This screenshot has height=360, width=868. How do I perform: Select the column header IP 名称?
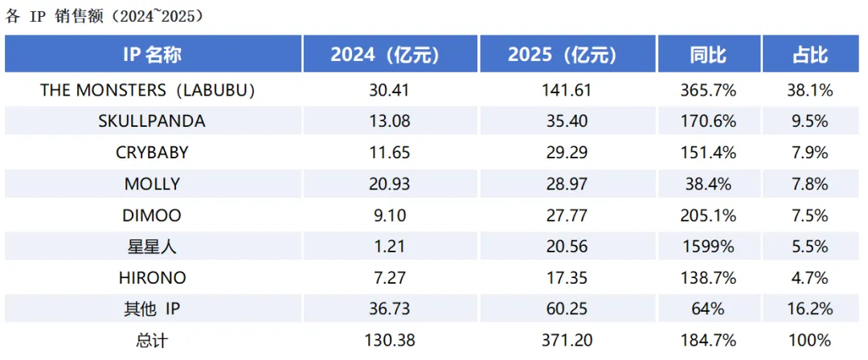153,55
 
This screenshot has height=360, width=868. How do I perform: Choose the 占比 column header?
809,55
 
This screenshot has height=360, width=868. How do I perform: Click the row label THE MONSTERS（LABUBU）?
148,90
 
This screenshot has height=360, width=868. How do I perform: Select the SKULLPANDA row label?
152,121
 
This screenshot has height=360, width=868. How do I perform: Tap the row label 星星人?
152,247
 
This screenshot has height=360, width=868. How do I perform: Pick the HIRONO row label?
152,278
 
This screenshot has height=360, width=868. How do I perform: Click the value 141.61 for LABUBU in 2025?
567,90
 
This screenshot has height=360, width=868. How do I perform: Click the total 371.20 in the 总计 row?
567,341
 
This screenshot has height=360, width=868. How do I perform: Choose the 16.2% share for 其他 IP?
809,309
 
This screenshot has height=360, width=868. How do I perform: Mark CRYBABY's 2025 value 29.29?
567,153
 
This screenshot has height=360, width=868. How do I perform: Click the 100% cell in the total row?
809,341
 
